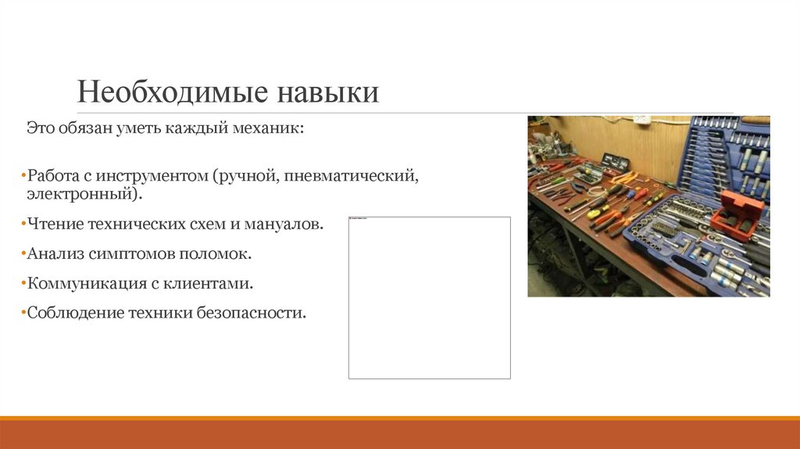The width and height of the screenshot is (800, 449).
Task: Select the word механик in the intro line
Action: pos(276,127)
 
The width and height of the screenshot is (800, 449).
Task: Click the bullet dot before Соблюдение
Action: pos(24,313)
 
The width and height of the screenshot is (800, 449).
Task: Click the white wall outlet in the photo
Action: pos(641,120)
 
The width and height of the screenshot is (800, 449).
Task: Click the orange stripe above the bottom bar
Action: pos(400,418)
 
